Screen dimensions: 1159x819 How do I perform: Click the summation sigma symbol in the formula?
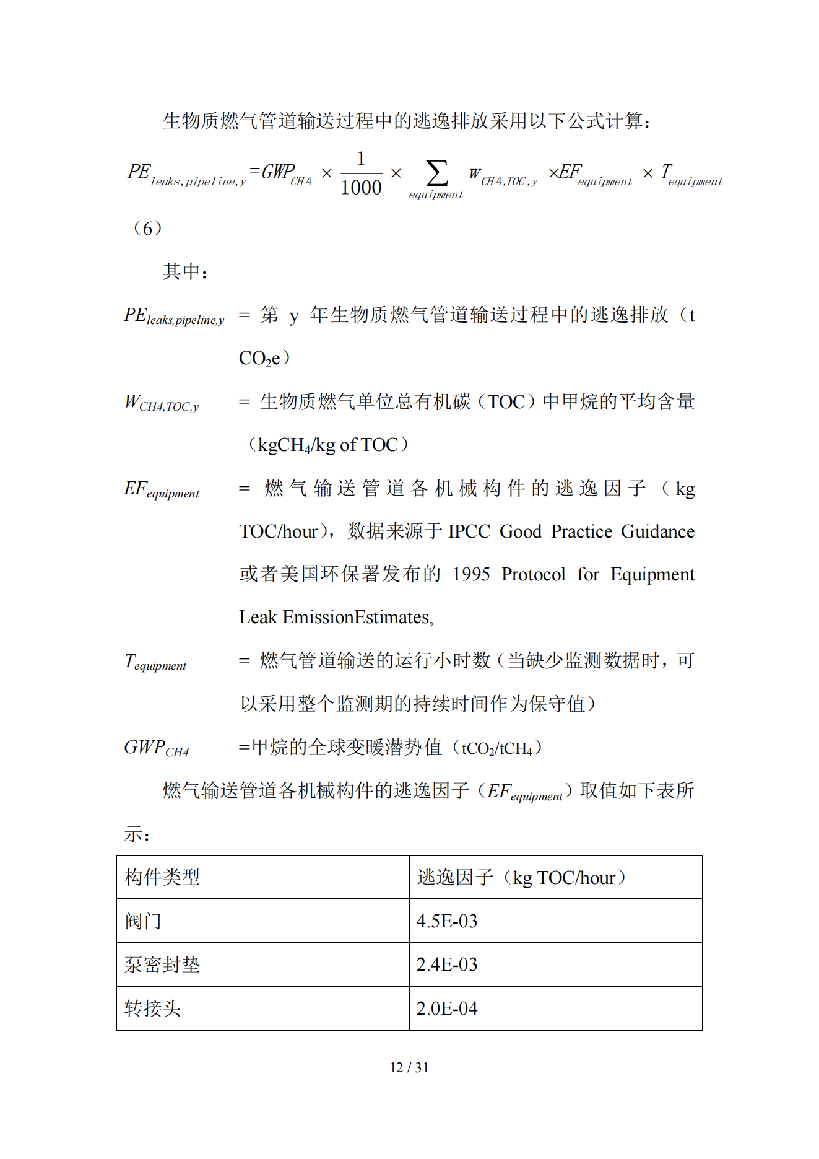pyautogui.click(x=436, y=173)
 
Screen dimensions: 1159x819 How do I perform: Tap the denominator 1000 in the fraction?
pyautogui.click(x=361, y=187)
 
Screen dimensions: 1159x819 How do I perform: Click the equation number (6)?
pyautogui.click(x=147, y=228)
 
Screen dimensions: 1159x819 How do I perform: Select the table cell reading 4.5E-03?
pyautogui.click(x=447, y=921)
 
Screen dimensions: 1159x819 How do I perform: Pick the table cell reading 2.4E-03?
pyautogui.click(x=447, y=964)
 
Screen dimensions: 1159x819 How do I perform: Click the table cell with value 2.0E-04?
pyautogui.click(x=447, y=1008)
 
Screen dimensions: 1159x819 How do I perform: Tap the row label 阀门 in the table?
pyautogui.click(x=143, y=921)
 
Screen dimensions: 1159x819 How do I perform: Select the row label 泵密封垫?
pyautogui.click(x=162, y=964)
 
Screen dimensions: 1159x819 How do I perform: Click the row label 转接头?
pyautogui.click(x=152, y=1008)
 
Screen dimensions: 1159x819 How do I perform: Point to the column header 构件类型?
pyautogui.click(x=162, y=877)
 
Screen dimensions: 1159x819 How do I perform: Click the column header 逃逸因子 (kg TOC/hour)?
pyautogui.click(x=521, y=877)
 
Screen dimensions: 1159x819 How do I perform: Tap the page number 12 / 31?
pyautogui.click(x=409, y=1067)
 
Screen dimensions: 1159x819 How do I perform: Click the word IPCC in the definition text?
pyautogui.click(x=469, y=531)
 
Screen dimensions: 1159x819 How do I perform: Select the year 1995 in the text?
pyautogui.click(x=471, y=574)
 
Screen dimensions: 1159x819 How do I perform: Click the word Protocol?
pyautogui.click(x=533, y=574)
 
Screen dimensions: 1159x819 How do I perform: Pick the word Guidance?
pyautogui.click(x=657, y=531)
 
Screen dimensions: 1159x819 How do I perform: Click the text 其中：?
pyautogui.click(x=185, y=271)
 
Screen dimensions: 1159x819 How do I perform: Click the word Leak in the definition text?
pyautogui.click(x=258, y=617)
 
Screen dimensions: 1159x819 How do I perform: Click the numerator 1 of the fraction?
pyautogui.click(x=361, y=159)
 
